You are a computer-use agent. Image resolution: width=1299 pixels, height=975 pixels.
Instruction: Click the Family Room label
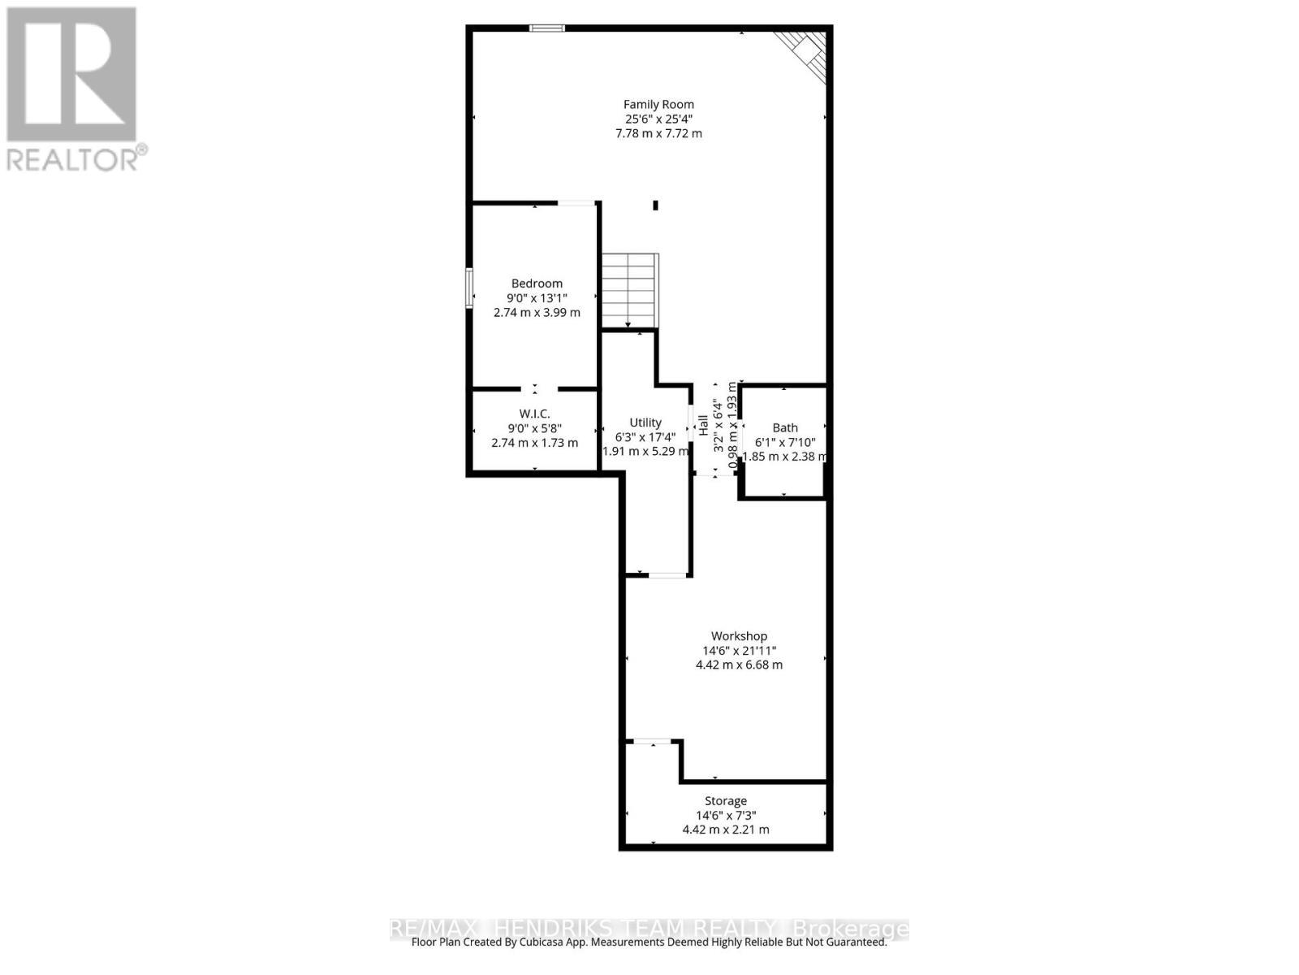[658, 104]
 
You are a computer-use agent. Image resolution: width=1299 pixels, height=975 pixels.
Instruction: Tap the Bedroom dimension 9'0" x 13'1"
[537, 297]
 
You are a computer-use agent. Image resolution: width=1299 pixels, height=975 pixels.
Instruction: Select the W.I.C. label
[534, 414]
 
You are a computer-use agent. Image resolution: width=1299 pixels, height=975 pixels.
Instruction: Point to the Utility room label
[645, 422]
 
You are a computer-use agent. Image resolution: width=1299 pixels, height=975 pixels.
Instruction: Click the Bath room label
[784, 427]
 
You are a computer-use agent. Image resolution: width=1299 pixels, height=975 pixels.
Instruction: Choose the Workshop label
[739, 636]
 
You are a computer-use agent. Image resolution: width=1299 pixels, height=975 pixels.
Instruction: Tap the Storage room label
[725, 801]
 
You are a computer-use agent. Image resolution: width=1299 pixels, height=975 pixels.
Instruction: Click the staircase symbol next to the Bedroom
[629, 289]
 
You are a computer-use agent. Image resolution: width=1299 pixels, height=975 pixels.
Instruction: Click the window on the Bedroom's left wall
[469, 288]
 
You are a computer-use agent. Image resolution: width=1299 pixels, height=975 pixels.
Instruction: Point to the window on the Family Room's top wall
[547, 28]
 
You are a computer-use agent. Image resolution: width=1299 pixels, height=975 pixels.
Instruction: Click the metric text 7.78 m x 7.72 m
[658, 133]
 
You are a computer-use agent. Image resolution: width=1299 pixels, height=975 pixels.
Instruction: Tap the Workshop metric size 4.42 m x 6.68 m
[739, 665]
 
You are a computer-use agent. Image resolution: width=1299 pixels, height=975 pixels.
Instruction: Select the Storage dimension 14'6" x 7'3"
[725, 816]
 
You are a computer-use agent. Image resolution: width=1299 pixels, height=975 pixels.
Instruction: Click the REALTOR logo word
[77, 158]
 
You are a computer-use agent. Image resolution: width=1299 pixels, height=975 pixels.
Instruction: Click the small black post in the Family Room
[655, 206]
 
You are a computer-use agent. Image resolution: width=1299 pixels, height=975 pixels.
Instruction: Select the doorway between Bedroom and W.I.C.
[534, 389]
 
